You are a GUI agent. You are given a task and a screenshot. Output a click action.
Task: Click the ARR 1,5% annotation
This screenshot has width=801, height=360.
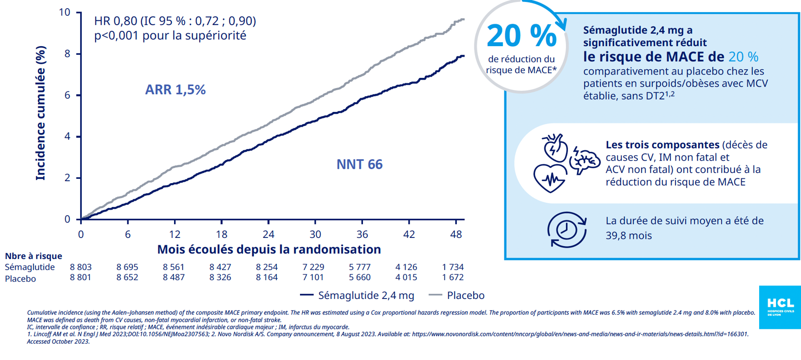(175, 90)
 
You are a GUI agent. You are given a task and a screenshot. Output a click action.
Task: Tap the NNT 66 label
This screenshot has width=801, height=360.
(359, 164)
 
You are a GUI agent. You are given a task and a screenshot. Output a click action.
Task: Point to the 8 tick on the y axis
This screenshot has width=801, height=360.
(67, 54)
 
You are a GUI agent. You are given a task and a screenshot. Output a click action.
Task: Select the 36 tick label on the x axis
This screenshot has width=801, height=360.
(362, 235)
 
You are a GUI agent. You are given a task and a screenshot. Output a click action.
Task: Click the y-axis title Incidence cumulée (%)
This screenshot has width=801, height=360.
(41, 113)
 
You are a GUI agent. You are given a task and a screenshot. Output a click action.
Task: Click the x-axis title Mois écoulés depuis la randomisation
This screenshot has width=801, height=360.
(269, 249)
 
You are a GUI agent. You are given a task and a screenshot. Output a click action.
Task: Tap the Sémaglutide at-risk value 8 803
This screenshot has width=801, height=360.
(80, 267)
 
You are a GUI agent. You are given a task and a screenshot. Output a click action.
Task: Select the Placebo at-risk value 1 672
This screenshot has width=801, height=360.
(452, 277)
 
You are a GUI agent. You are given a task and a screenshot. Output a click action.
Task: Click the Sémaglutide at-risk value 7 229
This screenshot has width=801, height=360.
(313, 267)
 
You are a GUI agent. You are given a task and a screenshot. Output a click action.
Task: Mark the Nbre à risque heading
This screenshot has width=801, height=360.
(34, 256)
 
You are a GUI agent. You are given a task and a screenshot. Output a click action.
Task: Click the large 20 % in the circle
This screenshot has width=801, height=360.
(521, 36)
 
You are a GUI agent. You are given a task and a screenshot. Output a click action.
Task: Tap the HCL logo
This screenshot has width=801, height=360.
(780, 307)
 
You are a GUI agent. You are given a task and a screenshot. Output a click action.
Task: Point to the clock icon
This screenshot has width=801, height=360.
(566, 230)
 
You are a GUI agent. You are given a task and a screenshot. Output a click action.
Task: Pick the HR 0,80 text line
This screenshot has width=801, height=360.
(175, 21)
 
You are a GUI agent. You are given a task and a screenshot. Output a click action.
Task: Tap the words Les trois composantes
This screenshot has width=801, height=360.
(662, 145)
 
